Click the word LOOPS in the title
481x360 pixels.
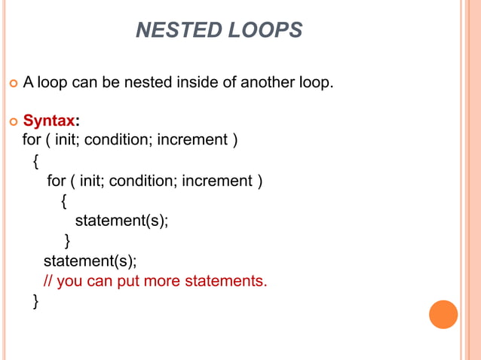click(264, 30)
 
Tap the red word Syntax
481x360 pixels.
click(48, 120)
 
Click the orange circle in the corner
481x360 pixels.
click(443, 314)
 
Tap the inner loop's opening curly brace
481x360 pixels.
click(64, 201)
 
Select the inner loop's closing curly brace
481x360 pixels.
click(67, 241)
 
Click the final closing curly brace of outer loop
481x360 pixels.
click(35, 302)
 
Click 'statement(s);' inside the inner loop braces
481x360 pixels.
click(121, 221)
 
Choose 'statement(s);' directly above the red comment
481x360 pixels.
click(90, 261)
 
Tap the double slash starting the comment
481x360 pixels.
click(47, 282)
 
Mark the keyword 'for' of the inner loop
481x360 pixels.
click(55, 181)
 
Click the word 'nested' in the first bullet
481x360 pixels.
click(139, 81)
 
